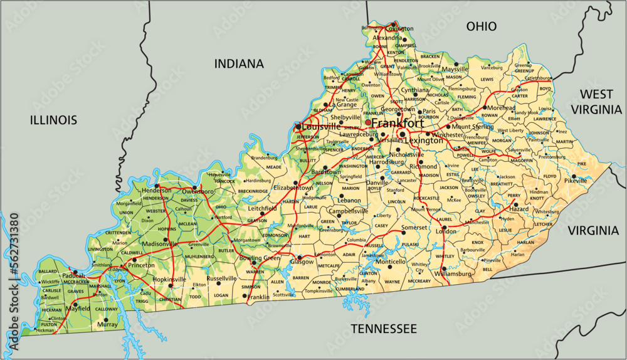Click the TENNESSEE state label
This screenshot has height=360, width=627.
pos(383,329)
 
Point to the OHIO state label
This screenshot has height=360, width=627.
pos(482,26)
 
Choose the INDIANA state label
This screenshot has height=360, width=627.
pos(239,63)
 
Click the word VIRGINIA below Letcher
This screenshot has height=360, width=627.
pos(593,230)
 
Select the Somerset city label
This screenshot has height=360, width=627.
pos(414,226)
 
